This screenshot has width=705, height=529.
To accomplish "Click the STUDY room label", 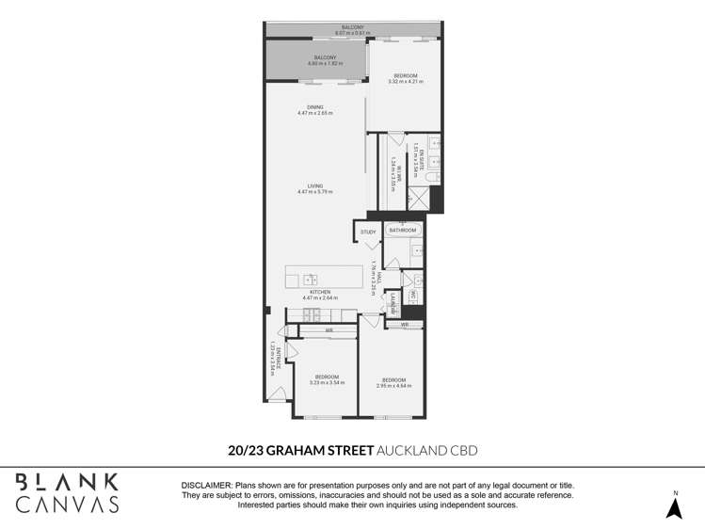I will point(368,232).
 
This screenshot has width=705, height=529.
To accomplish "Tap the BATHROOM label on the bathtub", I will point(403,230).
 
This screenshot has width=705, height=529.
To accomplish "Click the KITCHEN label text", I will point(323,292).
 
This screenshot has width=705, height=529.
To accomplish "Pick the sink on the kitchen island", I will point(311,279).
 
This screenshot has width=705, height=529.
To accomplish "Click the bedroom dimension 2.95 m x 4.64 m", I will point(393,386).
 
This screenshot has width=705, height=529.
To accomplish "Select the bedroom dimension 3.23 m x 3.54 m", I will point(328,382).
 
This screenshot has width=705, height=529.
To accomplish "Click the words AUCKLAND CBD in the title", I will point(427,450).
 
